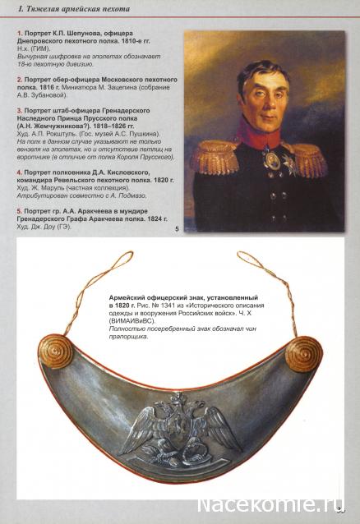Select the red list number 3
coord(18,108)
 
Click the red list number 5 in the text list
coord(18,210)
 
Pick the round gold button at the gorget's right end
coord(302,354)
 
